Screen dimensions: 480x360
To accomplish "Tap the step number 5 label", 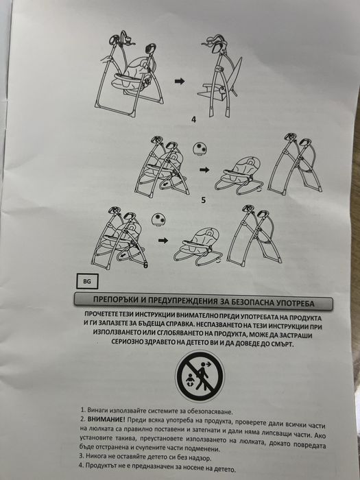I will [x=204, y=200].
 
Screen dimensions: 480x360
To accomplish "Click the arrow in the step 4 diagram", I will [x=180, y=81].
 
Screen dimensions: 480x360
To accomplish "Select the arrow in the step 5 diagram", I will [x=202, y=168].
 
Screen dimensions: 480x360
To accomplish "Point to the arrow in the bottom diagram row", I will [x=162, y=241].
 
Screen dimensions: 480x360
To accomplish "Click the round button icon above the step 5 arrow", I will [x=202, y=149].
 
